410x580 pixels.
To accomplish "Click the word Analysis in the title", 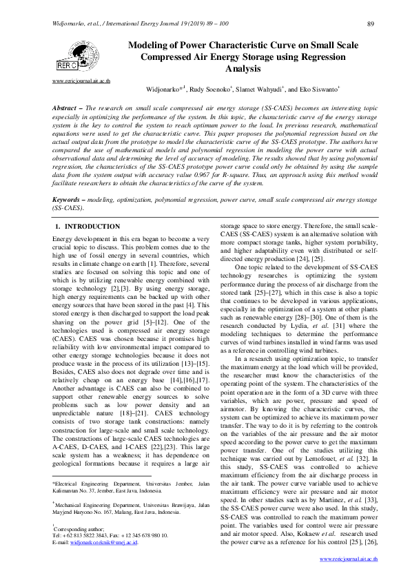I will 243,69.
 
